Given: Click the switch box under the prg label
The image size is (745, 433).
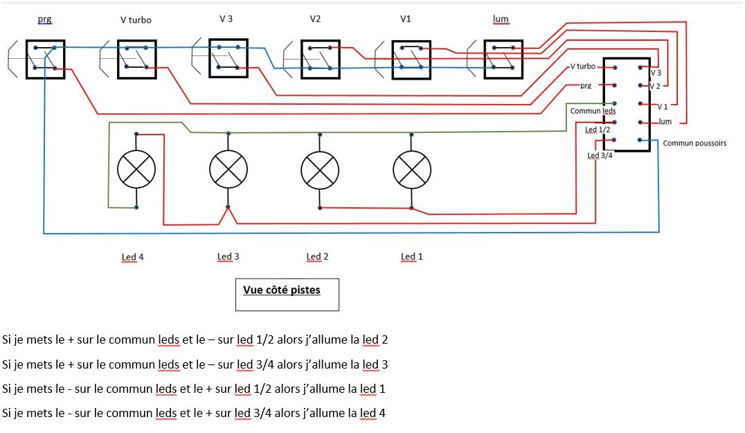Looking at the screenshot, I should click(x=45, y=59).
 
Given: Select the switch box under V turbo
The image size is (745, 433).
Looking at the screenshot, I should click(x=136, y=60).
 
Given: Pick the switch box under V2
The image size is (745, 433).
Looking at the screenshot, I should click(x=320, y=59).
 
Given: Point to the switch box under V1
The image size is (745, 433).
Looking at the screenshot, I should click(x=411, y=60).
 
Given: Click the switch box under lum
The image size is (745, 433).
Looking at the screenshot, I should click(x=503, y=59).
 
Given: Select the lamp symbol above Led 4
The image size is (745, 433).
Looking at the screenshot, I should click(x=136, y=169).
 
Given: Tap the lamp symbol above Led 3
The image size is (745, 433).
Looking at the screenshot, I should click(x=228, y=169).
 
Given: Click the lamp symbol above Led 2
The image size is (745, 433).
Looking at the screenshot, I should click(x=320, y=169).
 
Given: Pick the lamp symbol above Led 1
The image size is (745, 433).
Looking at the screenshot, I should click(x=411, y=169).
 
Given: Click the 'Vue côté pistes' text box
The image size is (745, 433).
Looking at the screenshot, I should click(x=287, y=294).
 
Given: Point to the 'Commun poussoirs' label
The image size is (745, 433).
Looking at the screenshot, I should click(x=694, y=143).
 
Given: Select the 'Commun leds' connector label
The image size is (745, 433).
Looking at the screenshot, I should click(x=593, y=111).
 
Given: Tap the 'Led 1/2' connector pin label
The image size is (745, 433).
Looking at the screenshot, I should click(x=598, y=130).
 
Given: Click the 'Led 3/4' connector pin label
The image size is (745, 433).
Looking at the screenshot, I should click(x=599, y=156).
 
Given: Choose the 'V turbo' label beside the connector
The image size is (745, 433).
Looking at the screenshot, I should click(x=582, y=67).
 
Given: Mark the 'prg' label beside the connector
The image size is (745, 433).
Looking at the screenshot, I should click(x=586, y=85).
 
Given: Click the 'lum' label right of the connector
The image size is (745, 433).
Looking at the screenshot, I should click(x=665, y=122).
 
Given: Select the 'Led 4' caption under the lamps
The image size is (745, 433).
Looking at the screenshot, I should click(x=133, y=257).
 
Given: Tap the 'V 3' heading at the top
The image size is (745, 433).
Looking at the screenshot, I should click(x=226, y=19).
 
